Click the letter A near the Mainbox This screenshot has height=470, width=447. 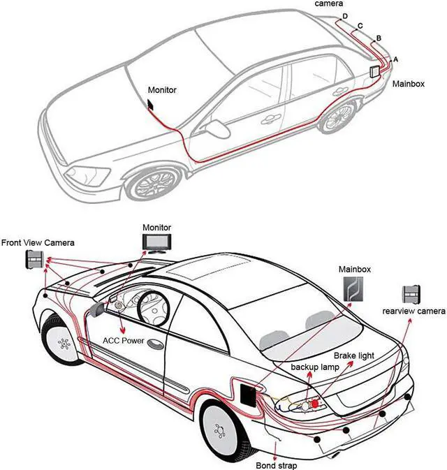[x=396, y=59]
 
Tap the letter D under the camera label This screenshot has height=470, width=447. [x=344, y=16]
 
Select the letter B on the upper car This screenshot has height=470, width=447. [x=378, y=37]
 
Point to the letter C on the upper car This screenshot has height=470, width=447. [x=360, y=26]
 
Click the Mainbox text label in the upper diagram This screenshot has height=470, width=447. [x=409, y=83]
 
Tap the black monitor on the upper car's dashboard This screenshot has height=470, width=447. [x=151, y=105]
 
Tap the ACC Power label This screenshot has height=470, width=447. [x=123, y=341]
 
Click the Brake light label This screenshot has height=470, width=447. [x=354, y=355]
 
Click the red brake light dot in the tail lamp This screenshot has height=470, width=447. [x=314, y=403]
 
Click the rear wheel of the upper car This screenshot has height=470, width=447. [x=335, y=115]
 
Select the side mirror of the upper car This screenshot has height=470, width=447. [x=218, y=129]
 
